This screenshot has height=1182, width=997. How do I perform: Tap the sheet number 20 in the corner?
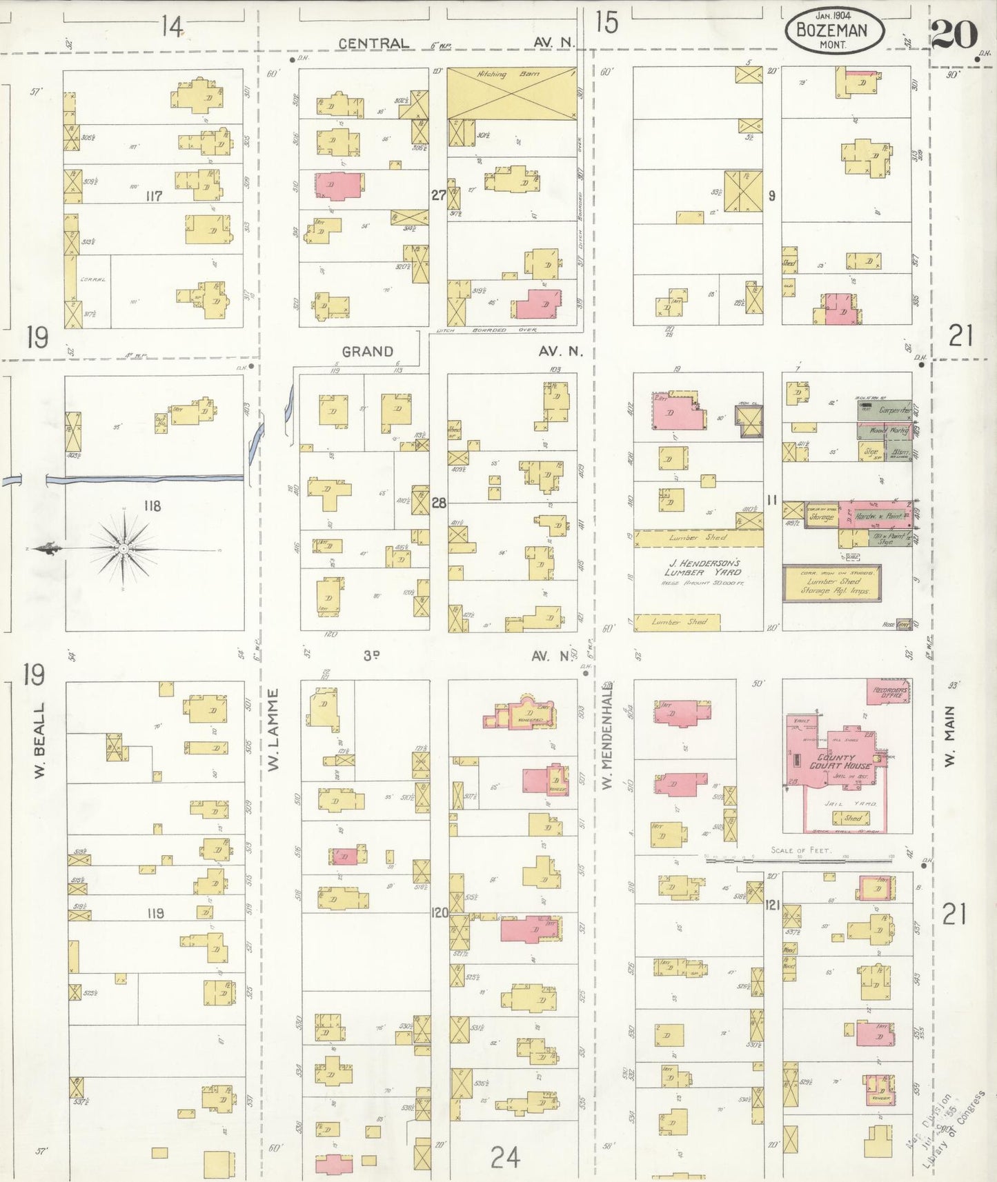(x=954, y=34)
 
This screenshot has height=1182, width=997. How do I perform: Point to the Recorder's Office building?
(x=888, y=691)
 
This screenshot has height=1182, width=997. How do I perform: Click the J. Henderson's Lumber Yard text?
(x=702, y=568)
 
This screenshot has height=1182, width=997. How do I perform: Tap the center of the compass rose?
(x=123, y=548)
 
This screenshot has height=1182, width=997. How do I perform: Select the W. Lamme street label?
(x=273, y=730)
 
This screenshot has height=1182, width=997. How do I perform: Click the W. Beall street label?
(x=39, y=741)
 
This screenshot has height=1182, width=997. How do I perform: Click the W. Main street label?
(x=950, y=736)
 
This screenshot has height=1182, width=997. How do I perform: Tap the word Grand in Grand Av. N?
(x=367, y=351)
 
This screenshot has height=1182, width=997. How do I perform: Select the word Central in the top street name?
(x=373, y=43)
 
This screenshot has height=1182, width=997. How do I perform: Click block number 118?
(x=152, y=505)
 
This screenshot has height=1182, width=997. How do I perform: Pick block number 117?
(x=153, y=197)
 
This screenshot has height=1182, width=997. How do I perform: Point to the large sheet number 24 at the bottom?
(x=505, y=1156)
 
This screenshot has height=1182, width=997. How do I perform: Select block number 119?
(x=155, y=913)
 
